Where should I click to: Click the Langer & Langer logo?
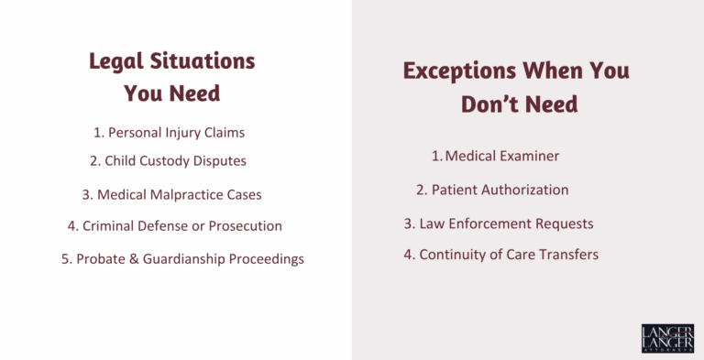pyautogui.click(x=667, y=338)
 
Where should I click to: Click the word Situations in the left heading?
pyautogui.click(x=203, y=61)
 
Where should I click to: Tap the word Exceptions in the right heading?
pyautogui.click(x=460, y=71)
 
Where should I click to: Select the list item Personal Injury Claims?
pyautogui.click(x=170, y=133)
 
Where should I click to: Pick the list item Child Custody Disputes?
pyautogui.click(x=168, y=160)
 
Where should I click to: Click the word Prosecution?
pyautogui.click(x=245, y=225)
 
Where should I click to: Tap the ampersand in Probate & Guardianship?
pyautogui.click(x=133, y=259)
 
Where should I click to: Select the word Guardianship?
pyautogui.click(x=184, y=259)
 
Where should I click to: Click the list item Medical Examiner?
pyautogui.click(x=495, y=156)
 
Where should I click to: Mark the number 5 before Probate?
pyautogui.click(x=66, y=259)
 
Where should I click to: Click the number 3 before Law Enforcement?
pyautogui.click(x=408, y=224)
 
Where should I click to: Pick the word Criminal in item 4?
pyautogui.click(x=108, y=225)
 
